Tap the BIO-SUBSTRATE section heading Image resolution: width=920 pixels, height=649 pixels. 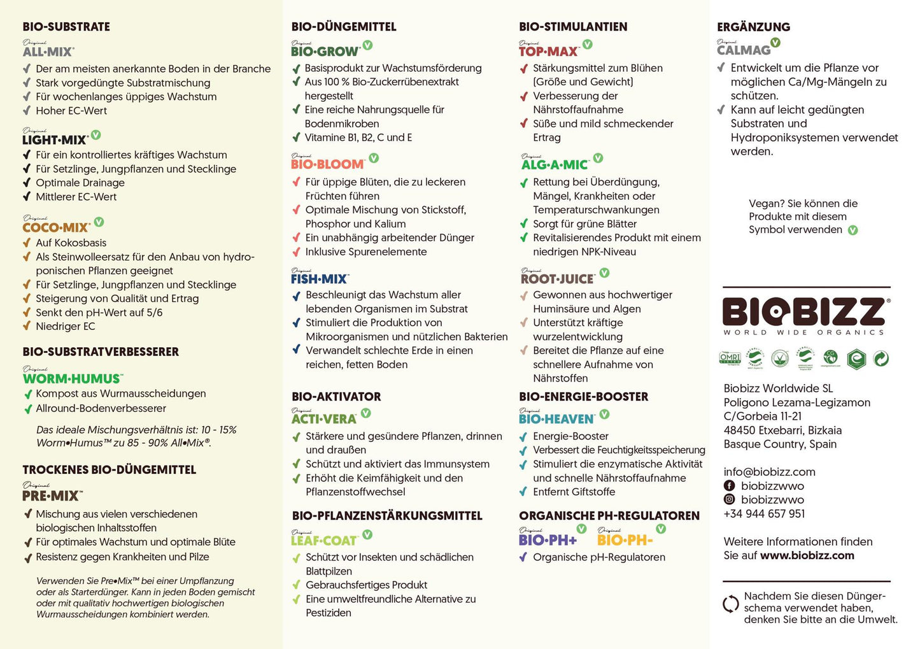tap(66, 27)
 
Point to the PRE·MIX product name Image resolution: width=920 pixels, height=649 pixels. tap(51, 495)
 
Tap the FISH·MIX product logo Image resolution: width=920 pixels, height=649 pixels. tap(319, 278)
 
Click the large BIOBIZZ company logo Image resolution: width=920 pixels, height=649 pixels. tap(805, 312)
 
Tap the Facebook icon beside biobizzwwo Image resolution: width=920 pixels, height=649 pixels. tap(730, 486)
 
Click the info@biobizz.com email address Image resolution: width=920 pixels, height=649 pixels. tap(769, 472)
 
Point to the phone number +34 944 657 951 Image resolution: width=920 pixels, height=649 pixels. tap(764, 514)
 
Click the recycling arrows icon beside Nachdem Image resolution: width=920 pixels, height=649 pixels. tap(730, 604)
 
